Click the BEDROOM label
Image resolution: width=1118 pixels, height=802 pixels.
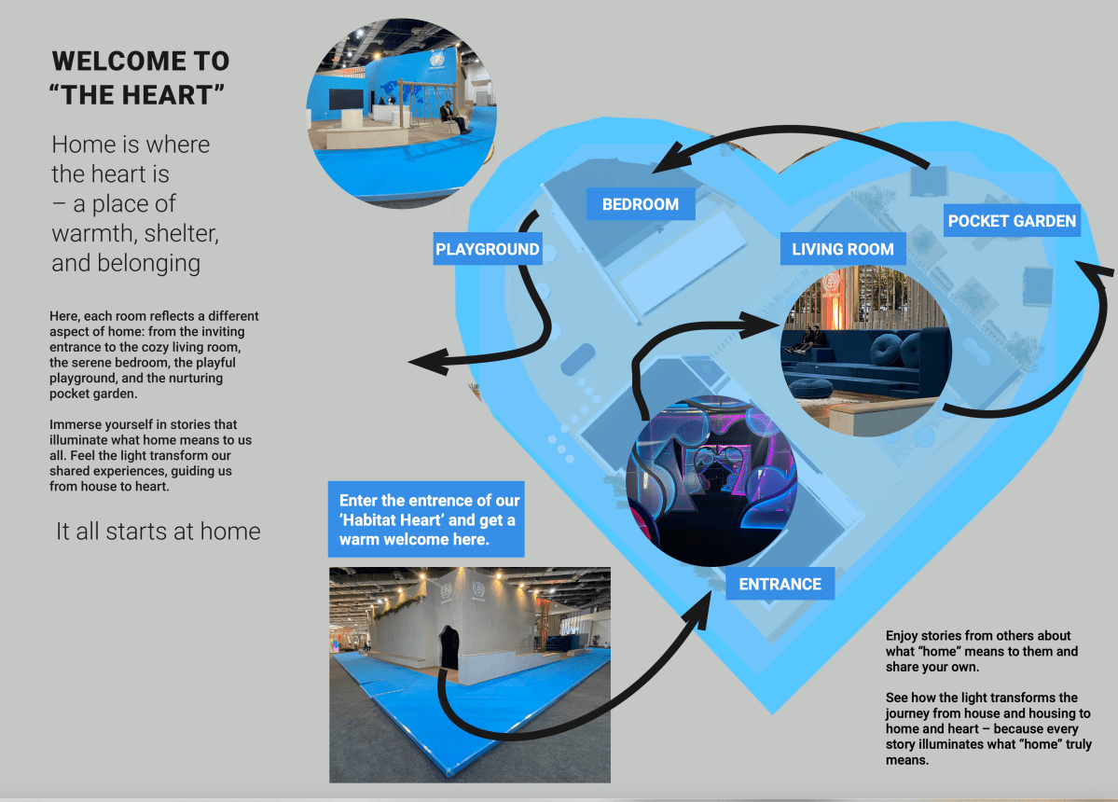pyautogui.click(x=641, y=204)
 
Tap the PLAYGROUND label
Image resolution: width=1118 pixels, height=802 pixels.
pyautogui.click(x=488, y=249)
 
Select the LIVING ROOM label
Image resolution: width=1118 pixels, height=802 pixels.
pyautogui.click(x=843, y=249)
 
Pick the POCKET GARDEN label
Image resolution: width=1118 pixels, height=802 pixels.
pyautogui.click(x=1012, y=221)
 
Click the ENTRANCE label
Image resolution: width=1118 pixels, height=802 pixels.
pyautogui.click(x=780, y=584)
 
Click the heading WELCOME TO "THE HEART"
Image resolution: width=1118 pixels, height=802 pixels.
pyautogui.click(x=140, y=78)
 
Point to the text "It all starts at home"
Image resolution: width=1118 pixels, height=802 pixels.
pyautogui.click(x=158, y=532)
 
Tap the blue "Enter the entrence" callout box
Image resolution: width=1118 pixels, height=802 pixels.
pyautogui.click(x=426, y=519)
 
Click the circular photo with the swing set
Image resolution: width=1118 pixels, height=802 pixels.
pyautogui.click(x=402, y=113)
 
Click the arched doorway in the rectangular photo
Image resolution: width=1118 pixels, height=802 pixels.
pyautogui.click(x=450, y=646)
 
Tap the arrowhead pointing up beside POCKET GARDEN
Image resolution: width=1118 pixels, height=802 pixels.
pyautogui.click(x=1100, y=272)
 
